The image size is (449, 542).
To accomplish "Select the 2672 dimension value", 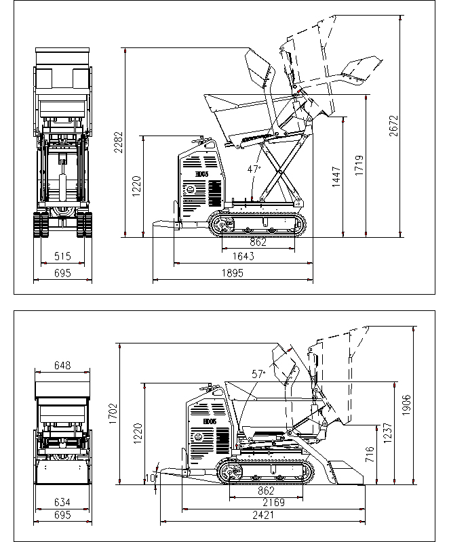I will [x=393, y=126].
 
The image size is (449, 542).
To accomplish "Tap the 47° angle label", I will [x=254, y=169].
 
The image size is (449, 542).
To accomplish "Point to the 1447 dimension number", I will [x=336, y=177].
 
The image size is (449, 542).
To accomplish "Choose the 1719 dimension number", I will [x=359, y=166].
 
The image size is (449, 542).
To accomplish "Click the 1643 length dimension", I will [x=243, y=256].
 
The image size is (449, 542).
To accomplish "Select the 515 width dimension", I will [x=62, y=256].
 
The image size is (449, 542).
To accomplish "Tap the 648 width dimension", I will [x=62, y=366].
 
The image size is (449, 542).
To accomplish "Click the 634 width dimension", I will [x=62, y=502].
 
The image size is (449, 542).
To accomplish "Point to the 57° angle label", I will [x=258, y=373].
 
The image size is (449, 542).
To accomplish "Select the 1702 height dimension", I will [x=113, y=413].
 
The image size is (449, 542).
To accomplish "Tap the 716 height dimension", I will [x=368, y=455].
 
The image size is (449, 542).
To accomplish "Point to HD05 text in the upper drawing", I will [x=201, y=174].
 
